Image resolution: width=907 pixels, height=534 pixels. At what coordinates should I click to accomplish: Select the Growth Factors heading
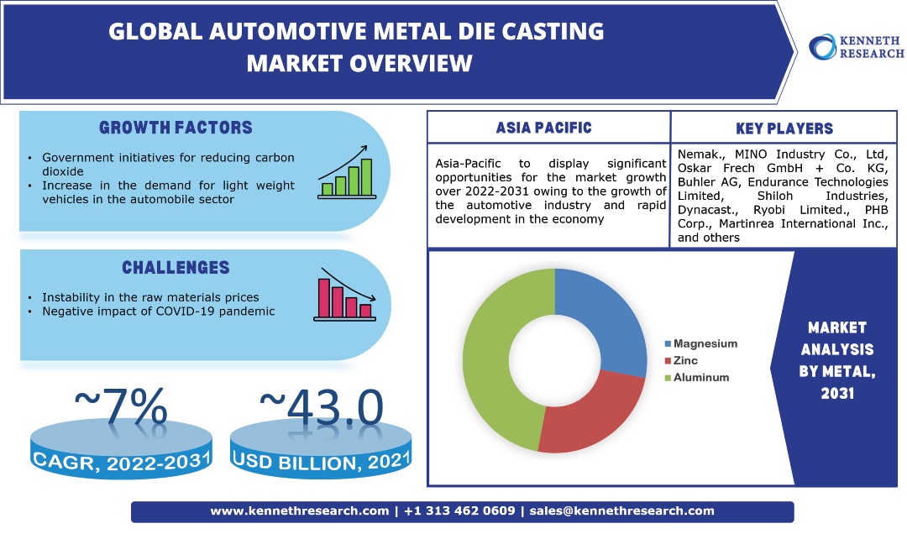click(176, 128)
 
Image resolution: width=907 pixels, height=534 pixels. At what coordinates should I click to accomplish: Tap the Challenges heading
click(176, 268)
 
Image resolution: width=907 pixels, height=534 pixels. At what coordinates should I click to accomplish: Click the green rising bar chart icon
click(345, 172)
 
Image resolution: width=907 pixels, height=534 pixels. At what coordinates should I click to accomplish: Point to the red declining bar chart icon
click(345, 297)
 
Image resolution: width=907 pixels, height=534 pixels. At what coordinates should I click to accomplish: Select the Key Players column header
click(784, 128)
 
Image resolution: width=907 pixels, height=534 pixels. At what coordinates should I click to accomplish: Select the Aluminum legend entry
click(696, 377)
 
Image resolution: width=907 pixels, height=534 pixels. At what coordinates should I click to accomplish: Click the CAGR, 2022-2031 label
click(123, 460)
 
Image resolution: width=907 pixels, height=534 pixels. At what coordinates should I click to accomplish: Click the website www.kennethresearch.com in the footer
click(299, 510)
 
